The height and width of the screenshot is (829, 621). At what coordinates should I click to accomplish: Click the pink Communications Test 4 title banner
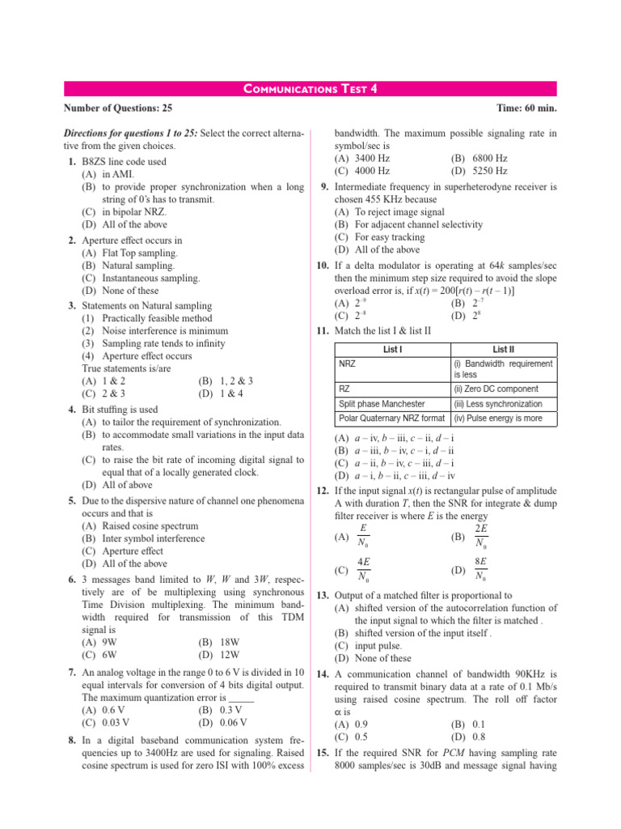[x=310, y=89]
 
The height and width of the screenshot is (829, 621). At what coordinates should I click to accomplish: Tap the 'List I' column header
[x=391, y=350]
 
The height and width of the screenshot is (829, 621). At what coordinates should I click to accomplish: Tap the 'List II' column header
[x=503, y=350]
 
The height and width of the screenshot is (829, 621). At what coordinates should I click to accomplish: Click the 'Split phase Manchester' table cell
[x=381, y=403]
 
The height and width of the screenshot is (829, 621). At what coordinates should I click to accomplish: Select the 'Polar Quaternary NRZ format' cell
[x=391, y=419]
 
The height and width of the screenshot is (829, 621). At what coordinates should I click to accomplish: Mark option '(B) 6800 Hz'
[x=479, y=159]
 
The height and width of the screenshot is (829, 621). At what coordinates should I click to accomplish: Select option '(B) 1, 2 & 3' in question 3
[x=225, y=380]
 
